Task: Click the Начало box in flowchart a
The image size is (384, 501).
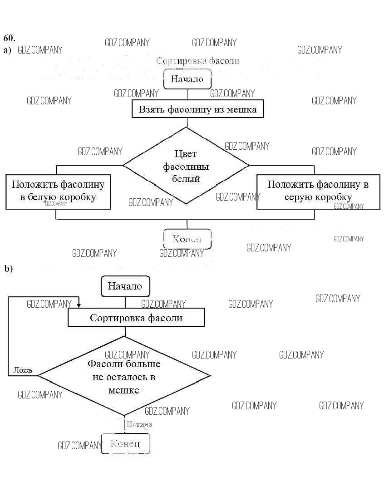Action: (187, 79)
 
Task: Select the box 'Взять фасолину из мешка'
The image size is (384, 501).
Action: (197, 109)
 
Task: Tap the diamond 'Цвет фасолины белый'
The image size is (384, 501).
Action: (186, 166)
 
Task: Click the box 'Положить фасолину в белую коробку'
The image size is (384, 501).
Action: (58, 191)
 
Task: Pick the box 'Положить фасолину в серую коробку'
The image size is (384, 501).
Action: (318, 191)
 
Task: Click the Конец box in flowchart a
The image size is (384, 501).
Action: (187, 239)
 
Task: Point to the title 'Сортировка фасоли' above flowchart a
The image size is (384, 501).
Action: (197, 61)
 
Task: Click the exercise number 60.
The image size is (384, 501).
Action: (9, 37)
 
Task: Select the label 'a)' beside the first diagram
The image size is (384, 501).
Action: (7, 50)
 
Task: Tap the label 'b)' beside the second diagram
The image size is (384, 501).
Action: (8, 269)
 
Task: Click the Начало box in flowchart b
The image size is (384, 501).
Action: (125, 286)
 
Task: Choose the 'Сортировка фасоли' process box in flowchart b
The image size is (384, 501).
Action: (136, 318)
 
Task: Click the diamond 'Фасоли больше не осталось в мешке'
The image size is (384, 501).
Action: (124, 376)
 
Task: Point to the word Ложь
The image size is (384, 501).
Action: (23, 370)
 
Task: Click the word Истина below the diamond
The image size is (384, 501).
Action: (139, 424)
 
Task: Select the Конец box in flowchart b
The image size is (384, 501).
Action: (125, 443)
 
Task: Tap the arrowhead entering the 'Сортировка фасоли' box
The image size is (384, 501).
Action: (79, 305)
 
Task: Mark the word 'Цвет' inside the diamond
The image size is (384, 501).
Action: (186, 154)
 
